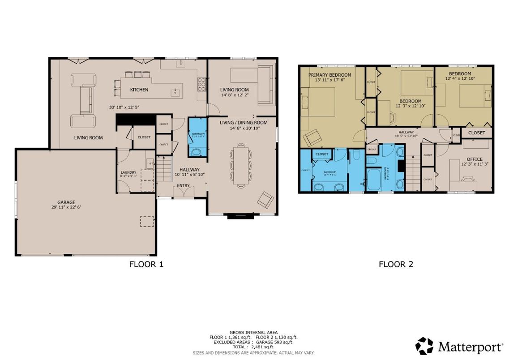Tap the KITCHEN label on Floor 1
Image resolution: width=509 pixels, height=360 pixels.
coord(139,90)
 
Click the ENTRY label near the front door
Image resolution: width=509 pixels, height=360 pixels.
coord(183,185)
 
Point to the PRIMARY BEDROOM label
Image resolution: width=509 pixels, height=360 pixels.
coord(329,74)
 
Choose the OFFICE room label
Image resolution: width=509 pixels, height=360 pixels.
coord(475,159)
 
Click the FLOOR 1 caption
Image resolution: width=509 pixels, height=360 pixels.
coord(146,264)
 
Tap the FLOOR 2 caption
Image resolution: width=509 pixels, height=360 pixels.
coord(396,264)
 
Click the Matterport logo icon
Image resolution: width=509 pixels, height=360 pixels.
coord(424,346)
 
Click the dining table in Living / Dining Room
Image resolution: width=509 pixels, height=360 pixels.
coord(241,164)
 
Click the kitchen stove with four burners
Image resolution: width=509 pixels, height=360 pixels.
coord(201,84)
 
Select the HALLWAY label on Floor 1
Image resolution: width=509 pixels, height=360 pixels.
coord(189,170)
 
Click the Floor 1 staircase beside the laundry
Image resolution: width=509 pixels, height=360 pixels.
coord(164,170)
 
